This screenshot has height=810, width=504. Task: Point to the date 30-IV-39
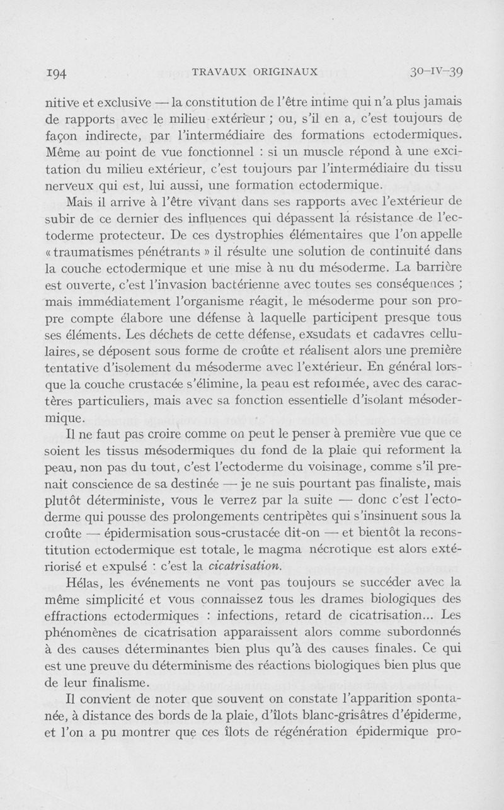point(436,72)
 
